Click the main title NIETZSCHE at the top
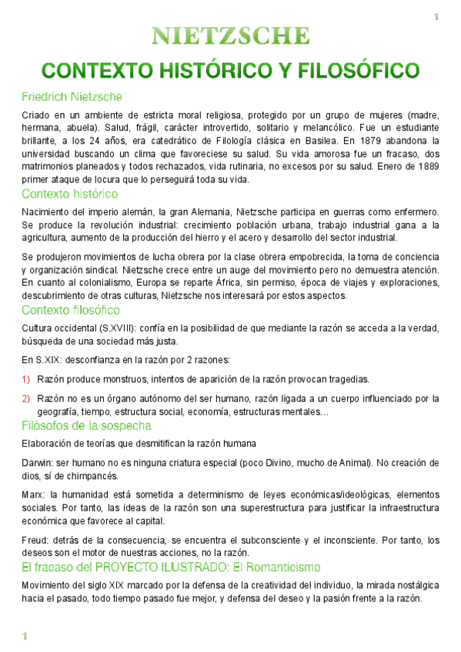231,35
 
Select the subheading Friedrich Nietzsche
71,97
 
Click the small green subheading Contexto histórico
69,194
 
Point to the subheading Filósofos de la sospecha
85,425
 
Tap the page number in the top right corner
435,17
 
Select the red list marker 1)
25,379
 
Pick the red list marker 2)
25,398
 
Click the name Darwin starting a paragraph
36,463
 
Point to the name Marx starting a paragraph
32,493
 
